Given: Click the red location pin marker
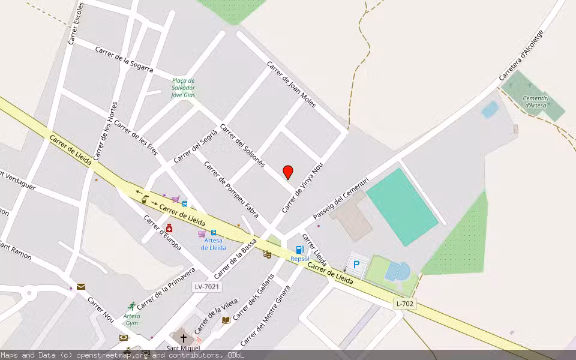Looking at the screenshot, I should point(288,172).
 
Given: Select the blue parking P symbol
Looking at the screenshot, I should point(356,265).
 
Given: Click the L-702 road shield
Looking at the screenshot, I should point(405,304).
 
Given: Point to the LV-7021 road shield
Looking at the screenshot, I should point(206,287).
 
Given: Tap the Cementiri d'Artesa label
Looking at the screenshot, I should point(536,101).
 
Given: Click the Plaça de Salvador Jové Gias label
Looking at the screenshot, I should point(183,88).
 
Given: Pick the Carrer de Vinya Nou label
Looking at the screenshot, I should point(302,187).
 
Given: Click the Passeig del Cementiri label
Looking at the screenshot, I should point(340,198).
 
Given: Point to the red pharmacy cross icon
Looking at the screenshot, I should point(170,228).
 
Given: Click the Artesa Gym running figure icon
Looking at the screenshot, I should point(131,306).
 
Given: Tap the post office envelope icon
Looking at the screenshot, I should point(81,287).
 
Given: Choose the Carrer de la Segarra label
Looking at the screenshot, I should point(124,62).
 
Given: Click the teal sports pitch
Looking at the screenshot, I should point(401,207).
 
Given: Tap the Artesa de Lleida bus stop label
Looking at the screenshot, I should point(213,244).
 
